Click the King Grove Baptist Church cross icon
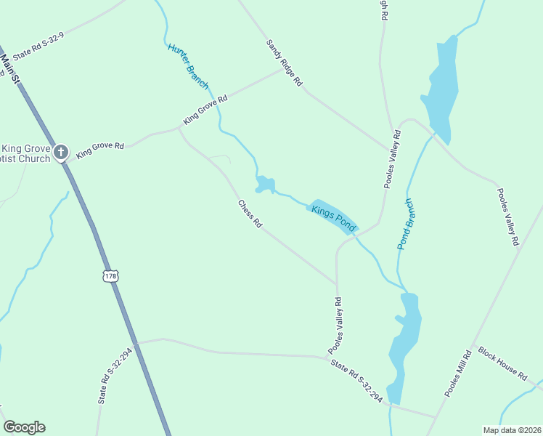click(62, 153)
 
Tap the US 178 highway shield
click(110, 276)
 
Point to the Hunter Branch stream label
click(188, 66)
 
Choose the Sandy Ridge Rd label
click(284, 63)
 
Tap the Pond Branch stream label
click(405, 224)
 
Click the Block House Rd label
click(502, 363)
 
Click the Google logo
click(24, 427)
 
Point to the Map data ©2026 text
click(512, 430)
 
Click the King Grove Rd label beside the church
click(100, 150)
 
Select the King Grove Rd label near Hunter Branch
click(205, 109)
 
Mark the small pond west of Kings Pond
click(264, 185)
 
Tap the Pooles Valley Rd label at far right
click(507, 216)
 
